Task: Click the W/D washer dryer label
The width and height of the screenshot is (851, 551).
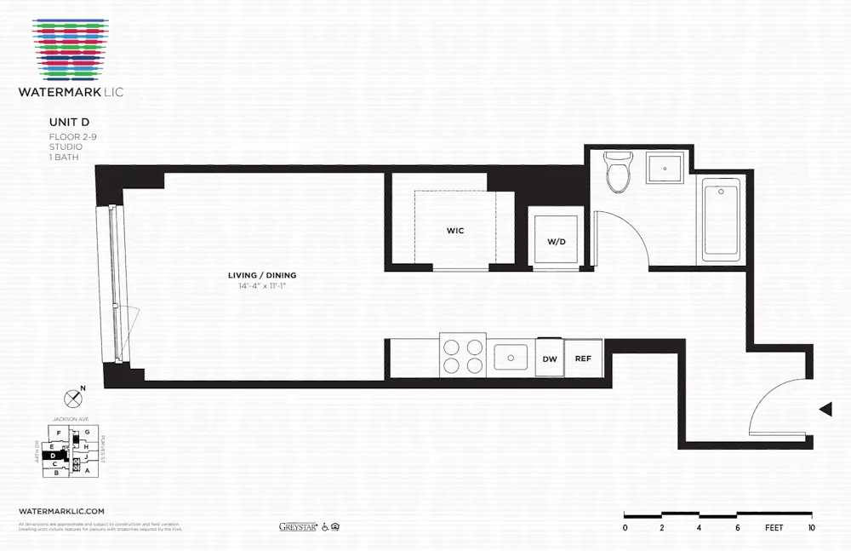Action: click(x=556, y=242)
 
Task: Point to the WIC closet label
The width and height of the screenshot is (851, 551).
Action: click(x=454, y=231)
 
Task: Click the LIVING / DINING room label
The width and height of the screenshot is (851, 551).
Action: click(x=262, y=275)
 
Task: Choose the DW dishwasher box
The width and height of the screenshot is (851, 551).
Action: click(x=550, y=359)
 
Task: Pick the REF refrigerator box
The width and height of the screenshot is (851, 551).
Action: click(x=583, y=359)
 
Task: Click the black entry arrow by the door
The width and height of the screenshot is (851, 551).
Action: click(x=825, y=410)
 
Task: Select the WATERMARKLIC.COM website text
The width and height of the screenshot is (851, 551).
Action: click(x=61, y=508)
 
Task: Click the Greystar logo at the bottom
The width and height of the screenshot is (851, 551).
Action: click(x=298, y=527)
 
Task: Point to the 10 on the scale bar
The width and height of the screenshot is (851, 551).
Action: click(x=812, y=528)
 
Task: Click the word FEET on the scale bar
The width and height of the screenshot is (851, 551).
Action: click(x=774, y=528)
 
